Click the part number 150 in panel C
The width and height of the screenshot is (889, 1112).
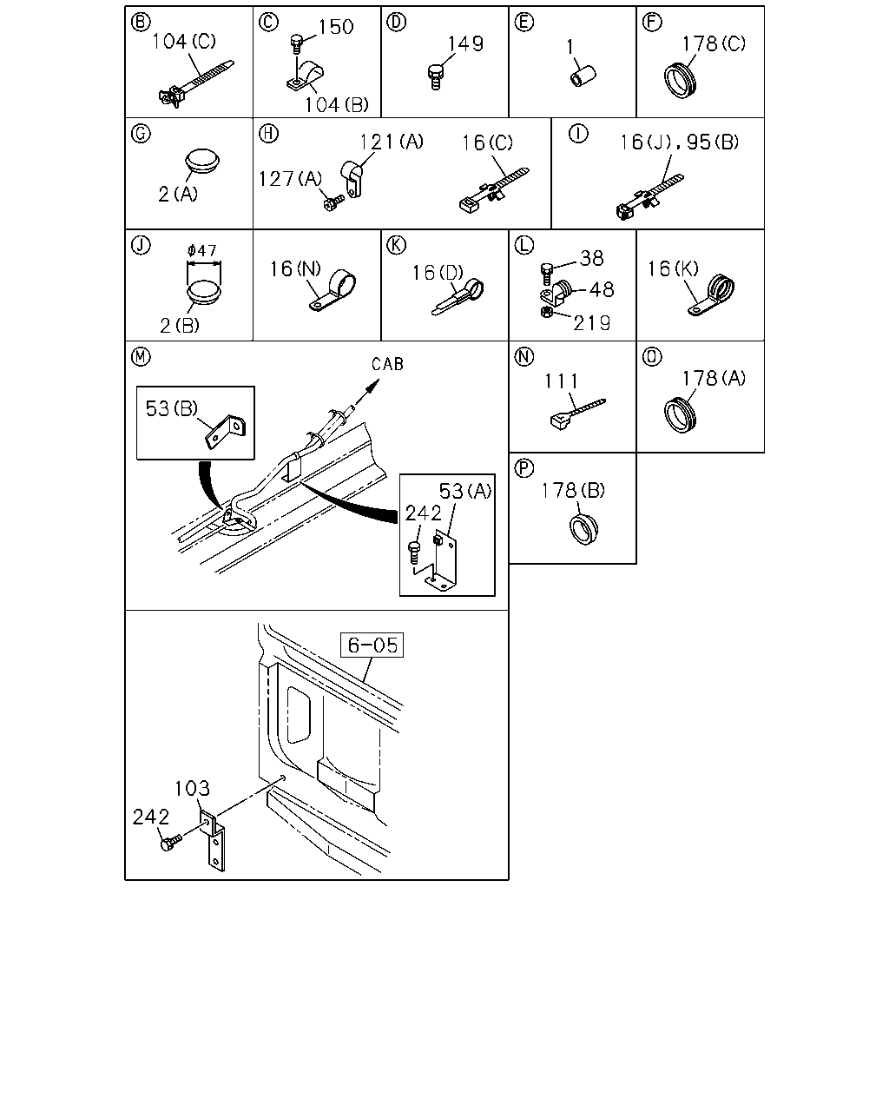pyautogui.click(x=336, y=27)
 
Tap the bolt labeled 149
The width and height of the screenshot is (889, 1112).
pyautogui.click(x=436, y=77)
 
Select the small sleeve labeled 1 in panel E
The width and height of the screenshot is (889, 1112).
pyautogui.click(x=583, y=76)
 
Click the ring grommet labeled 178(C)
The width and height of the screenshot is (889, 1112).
pyautogui.click(x=680, y=80)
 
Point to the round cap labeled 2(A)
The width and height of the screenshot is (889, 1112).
pyautogui.click(x=202, y=162)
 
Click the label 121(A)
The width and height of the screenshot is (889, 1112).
pyautogui.click(x=391, y=142)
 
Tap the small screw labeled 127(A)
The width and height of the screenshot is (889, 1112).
pyautogui.click(x=333, y=203)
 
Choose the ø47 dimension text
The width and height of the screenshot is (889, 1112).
pyautogui.click(x=202, y=250)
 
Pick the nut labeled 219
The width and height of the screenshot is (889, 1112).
pyautogui.click(x=547, y=312)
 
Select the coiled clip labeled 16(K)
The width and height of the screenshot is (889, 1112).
pyautogui.click(x=712, y=295)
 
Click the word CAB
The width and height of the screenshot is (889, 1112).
pyautogui.click(x=387, y=364)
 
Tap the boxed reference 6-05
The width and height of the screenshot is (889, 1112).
pyautogui.click(x=372, y=645)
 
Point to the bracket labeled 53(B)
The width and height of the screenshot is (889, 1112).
pyautogui.click(x=226, y=432)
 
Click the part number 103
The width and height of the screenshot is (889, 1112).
pyautogui.click(x=192, y=789)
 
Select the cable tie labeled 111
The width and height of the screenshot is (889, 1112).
pyautogui.click(x=577, y=414)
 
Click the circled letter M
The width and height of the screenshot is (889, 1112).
pyautogui.click(x=141, y=356)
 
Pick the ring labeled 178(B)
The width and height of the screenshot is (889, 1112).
pyautogui.click(x=583, y=528)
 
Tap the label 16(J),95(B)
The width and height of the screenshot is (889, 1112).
pyautogui.click(x=679, y=142)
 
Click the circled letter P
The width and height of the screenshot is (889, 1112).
pyautogui.click(x=524, y=468)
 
